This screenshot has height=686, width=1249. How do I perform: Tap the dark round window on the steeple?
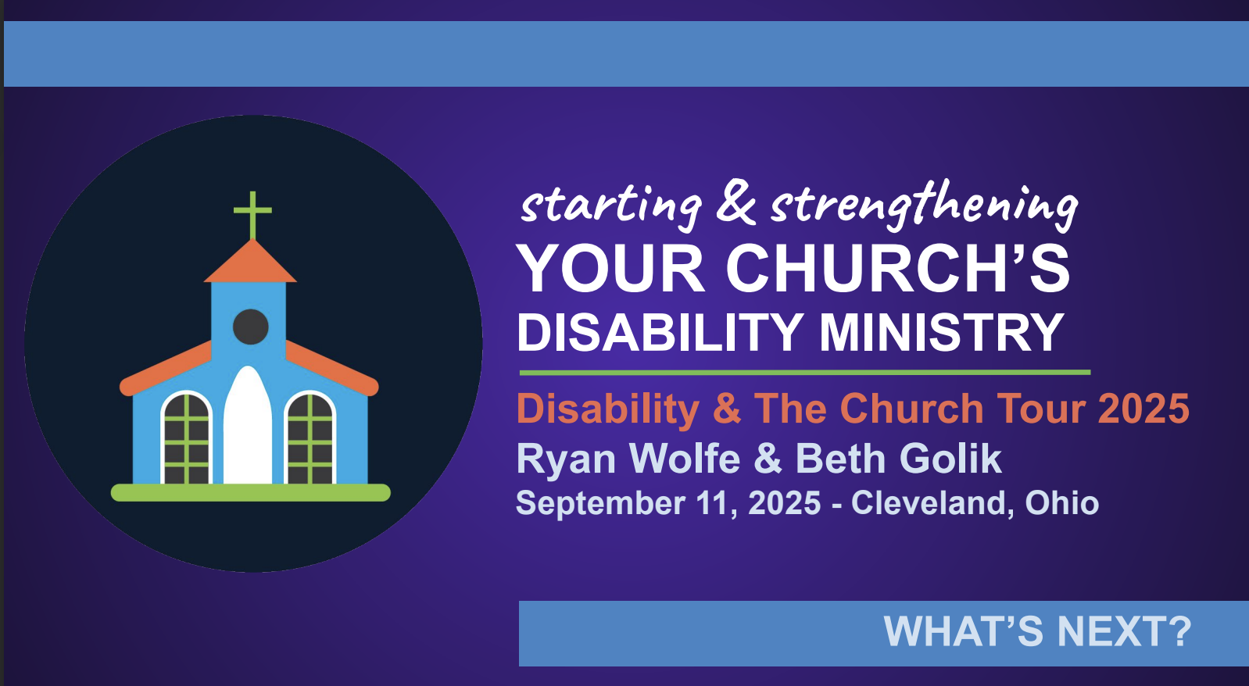[250, 327]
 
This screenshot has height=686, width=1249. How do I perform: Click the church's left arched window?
[186, 438]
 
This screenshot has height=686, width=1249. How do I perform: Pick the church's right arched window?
[310, 438]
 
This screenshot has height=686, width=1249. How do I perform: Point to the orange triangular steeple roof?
[250, 261]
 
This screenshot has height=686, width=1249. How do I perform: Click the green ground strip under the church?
[250, 493]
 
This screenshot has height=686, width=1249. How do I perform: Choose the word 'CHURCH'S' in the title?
[898, 269]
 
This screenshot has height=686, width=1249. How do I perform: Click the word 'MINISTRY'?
[942, 332]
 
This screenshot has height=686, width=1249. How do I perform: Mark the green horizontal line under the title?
[804, 372]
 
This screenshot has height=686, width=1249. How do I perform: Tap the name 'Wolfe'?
[685, 459]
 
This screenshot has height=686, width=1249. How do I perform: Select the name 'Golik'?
[950, 459]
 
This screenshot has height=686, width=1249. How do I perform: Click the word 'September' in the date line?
[600, 503]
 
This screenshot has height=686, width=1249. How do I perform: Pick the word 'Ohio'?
[1061, 502]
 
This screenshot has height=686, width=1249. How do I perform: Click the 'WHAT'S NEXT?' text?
[1038, 631]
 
